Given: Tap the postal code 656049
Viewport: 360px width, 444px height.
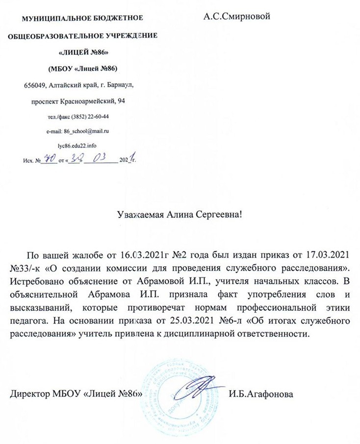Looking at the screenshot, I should pos(35,85).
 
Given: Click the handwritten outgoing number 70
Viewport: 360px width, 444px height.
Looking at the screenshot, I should pos(49,158).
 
